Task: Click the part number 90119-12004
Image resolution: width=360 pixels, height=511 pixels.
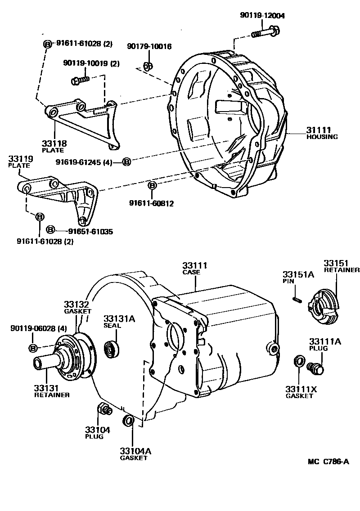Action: coord(262,16)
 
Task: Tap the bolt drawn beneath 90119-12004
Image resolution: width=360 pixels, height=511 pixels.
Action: coord(265,32)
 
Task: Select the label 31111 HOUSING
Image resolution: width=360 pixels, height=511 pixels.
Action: coord(322,133)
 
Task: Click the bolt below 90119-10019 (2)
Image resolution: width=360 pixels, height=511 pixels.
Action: coord(80,81)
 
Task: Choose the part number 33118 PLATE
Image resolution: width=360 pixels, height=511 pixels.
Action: coord(54,147)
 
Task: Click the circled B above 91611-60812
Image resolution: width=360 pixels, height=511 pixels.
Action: coord(152,185)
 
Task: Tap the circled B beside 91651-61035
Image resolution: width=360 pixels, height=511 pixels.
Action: coord(50,230)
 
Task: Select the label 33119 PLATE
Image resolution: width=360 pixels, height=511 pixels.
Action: coord(19,161)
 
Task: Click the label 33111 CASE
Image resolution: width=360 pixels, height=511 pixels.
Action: coord(194,269)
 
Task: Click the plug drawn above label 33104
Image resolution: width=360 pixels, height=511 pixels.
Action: coord(104,410)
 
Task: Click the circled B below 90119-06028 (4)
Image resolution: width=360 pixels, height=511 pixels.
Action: coord(33,348)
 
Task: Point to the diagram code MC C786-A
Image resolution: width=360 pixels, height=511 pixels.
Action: coord(328,461)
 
